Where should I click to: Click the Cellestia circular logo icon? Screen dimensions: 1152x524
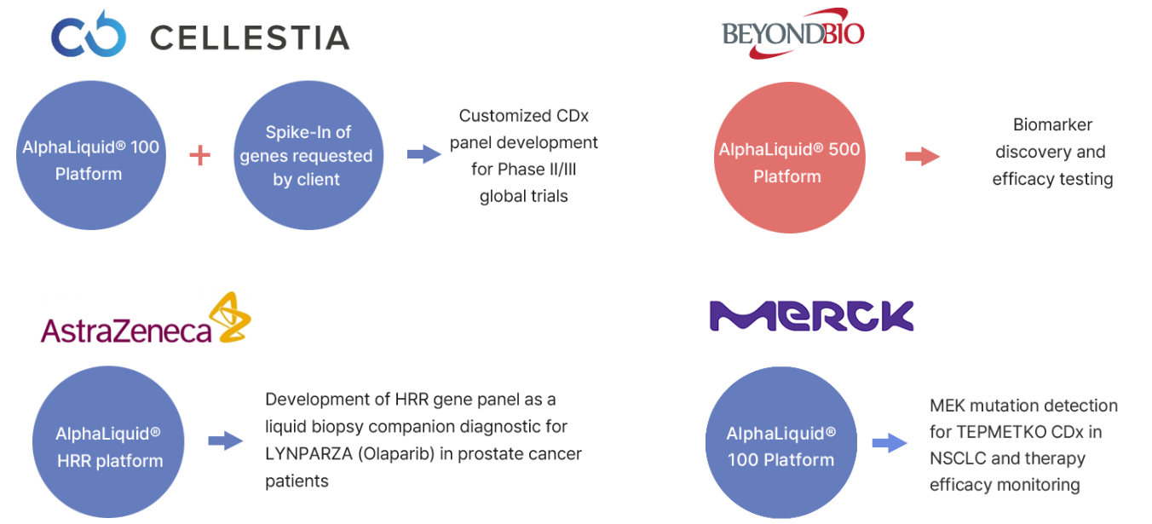pyautogui.click(x=89, y=34)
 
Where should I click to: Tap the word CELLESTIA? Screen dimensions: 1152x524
pyautogui.click(x=250, y=38)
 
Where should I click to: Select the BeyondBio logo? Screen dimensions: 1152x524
pyautogui.click(x=793, y=33)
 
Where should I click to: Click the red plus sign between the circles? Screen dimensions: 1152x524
pyautogui.click(x=200, y=155)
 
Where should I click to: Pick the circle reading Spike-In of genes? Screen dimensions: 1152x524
pyautogui.click(x=308, y=155)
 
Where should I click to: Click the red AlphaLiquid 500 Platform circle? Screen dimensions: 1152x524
pyautogui.click(x=789, y=158)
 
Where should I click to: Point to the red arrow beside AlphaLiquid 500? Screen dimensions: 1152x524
pyautogui.click(x=923, y=156)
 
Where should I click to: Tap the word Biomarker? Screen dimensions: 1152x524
pyautogui.click(x=1053, y=124)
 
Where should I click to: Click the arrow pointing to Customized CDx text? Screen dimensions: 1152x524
pyautogui.click(x=424, y=153)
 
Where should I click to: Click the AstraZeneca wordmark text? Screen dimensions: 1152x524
pyautogui.click(x=126, y=330)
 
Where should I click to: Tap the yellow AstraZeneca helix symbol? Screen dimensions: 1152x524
pyautogui.click(x=230, y=317)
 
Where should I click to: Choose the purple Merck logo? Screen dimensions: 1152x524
pyautogui.click(x=811, y=316)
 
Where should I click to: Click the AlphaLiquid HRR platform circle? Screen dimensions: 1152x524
pyautogui.click(x=108, y=441)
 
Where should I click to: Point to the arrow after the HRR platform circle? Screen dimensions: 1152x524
pyautogui.click(x=226, y=441)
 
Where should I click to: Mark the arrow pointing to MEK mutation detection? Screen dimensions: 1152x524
pyautogui.click(x=890, y=443)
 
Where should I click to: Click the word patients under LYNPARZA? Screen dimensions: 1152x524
pyautogui.click(x=297, y=481)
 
